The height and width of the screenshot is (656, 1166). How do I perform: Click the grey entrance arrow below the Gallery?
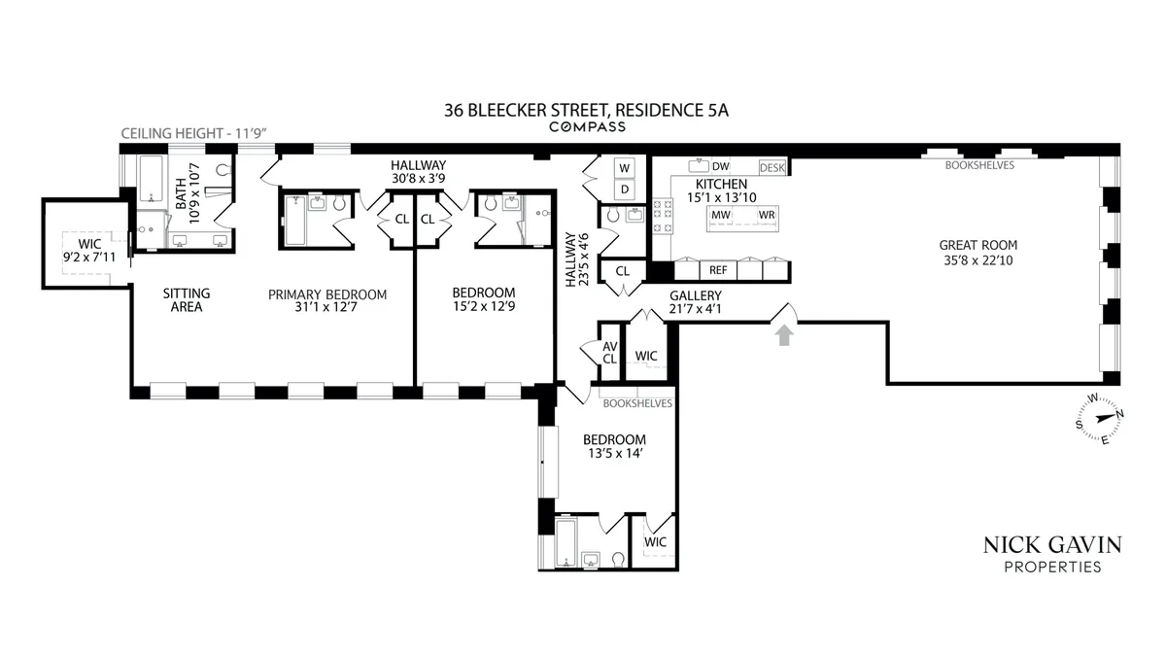coord(784,334)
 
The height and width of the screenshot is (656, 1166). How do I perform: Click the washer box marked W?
coord(625,168)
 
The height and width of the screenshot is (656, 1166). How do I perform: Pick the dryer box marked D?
coord(625,189)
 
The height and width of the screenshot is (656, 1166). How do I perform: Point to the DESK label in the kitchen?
coord(772,168)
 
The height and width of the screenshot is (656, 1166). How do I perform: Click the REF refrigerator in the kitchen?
coord(718,270)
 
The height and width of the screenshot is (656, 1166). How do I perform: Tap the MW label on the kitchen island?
coord(721,215)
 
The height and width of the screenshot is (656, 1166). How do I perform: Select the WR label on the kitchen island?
coord(767,215)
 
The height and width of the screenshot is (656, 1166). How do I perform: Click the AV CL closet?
coord(609,352)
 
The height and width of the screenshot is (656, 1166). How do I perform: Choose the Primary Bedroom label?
coord(327,301)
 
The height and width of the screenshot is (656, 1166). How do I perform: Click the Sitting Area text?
coord(186,300)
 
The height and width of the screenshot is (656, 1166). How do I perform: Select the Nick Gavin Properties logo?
coord(1053,554)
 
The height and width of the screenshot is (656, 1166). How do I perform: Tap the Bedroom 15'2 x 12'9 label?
coord(483,299)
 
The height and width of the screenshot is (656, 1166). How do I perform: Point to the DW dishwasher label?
coord(720,166)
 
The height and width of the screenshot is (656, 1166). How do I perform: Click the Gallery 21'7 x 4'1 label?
coord(695,302)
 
